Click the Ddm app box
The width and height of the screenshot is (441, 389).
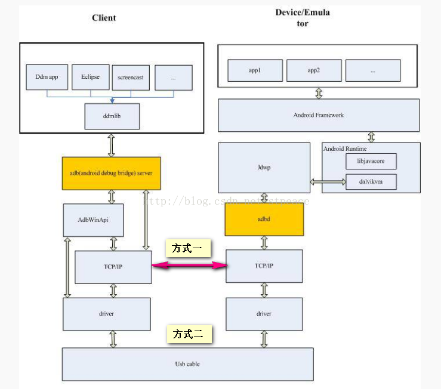tap(45, 78)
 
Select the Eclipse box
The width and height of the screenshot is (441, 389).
tap(90, 78)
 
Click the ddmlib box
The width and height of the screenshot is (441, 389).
tap(112, 116)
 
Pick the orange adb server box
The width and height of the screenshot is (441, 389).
tap(111, 173)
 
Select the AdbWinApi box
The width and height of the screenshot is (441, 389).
tap(93, 220)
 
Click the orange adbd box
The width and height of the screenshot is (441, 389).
tap(264, 218)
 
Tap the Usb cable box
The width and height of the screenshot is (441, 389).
tap(187, 363)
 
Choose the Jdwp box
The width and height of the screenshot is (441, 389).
tap(264, 168)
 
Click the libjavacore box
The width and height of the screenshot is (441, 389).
tap(371, 161)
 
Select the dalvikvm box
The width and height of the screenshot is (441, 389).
tap(371, 181)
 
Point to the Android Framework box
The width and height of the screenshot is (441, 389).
tap(319, 115)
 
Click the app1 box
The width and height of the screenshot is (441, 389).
tap(255, 70)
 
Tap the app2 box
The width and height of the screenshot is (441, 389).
tap(314, 70)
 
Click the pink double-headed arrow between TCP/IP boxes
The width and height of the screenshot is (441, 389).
tap(189, 266)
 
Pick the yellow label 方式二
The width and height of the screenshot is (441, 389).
tap(188, 335)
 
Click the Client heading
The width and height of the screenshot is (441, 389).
tap(104, 18)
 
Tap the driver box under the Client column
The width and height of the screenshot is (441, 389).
tap(106, 314)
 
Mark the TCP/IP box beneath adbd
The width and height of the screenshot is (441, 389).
tap(264, 266)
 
